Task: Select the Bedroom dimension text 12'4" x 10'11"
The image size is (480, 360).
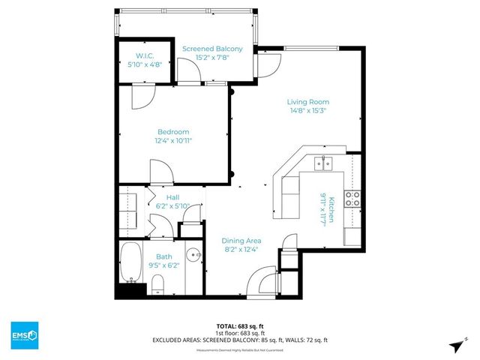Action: pos(172,139)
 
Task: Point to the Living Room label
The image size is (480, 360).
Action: pos(308,102)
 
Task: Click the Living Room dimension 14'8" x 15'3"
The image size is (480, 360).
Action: pos(308,111)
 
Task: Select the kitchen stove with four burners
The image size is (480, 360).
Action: pos(352,199)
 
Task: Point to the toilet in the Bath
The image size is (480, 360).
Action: pos(158,283)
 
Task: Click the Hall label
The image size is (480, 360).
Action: pos(172,197)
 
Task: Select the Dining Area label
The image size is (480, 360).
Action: pos(241,241)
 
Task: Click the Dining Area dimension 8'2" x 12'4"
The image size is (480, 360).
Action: pos(241,250)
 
